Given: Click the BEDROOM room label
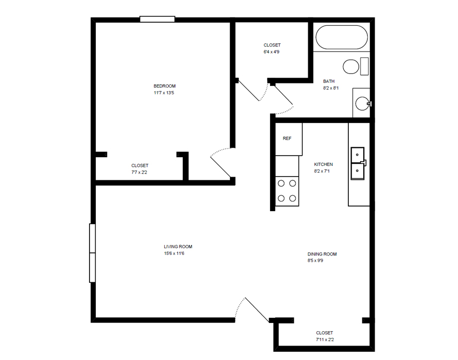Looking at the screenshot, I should [164, 86].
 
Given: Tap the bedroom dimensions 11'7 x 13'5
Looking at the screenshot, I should [164, 93].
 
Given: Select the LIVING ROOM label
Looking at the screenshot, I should [178, 247].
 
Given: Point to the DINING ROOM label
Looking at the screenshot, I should [322, 254].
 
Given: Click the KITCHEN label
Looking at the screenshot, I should [323, 164].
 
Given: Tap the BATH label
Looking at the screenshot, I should [329, 81].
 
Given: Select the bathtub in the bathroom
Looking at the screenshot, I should [341, 38].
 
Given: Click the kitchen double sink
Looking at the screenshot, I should [358, 163].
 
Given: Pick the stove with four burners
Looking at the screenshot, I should [287, 191].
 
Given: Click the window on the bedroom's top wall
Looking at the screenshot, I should [157, 20].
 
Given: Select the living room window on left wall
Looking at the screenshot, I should [93, 253].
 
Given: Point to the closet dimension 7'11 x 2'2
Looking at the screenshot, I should [324, 340].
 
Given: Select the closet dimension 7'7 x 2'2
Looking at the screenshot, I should [139, 173].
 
